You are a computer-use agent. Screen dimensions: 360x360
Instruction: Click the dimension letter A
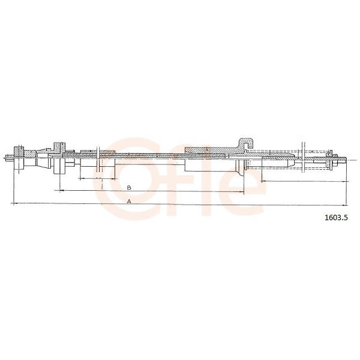coord(129,202)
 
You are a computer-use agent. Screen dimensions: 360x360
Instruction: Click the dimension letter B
coord(129,188)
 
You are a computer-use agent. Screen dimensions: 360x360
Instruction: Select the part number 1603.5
coord(336,217)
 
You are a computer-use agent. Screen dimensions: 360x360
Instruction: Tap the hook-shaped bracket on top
coord(246,144)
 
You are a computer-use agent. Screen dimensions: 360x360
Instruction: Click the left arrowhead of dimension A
coord(15,203)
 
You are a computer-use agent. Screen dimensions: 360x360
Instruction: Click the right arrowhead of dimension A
coord(345,205)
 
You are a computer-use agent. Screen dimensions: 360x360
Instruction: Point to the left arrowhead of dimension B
coord(61,190)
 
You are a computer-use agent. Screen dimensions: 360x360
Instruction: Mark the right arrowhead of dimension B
coord(242,191)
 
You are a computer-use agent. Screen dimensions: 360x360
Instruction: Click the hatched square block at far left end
coord(19,152)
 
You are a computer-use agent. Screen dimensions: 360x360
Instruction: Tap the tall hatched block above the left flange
coord(59,147)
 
